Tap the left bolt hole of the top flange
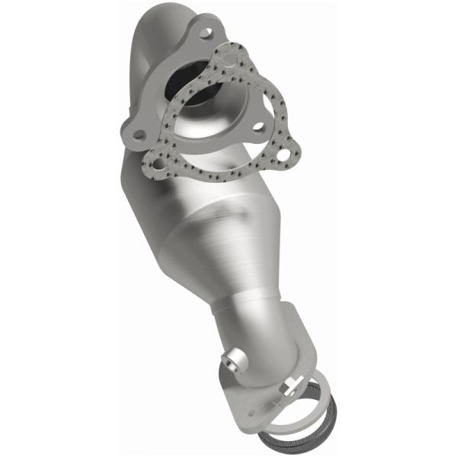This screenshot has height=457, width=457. [x=139, y=134]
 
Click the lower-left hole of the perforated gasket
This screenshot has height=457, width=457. [x=158, y=162]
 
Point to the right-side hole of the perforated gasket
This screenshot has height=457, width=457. [x=283, y=155]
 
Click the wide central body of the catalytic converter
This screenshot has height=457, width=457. [x=183, y=221]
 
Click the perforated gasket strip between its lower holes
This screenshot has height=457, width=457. [x=221, y=171]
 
